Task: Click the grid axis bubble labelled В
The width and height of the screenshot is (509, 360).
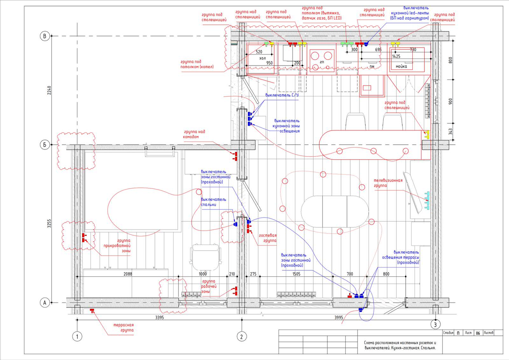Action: pyautogui.click(x=45, y=36)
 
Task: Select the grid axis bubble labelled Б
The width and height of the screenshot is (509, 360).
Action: pyautogui.click(x=45, y=144)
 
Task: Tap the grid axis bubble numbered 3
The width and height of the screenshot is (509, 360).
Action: pyautogui.click(x=435, y=325)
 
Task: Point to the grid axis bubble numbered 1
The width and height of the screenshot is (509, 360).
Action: pyautogui.click(x=77, y=336)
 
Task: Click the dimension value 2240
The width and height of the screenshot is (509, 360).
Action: pyautogui.click(x=49, y=90)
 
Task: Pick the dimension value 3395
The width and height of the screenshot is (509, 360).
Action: pyautogui.click(x=159, y=317)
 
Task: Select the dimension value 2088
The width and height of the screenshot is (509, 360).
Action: pyautogui.click(x=128, y=274)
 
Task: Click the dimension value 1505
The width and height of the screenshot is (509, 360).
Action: pyautogui.click(x=296, y=274)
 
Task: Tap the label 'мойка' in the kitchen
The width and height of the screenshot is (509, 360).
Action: pyautogui.click(x=401, y=66)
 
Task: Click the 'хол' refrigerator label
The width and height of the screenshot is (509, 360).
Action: pyautogui.click(x=262, y=58)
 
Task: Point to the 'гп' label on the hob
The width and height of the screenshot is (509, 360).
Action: pyautogui.click(x=322, y=62)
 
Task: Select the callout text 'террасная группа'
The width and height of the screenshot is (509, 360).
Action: pyautogui.click(x=124, y=328)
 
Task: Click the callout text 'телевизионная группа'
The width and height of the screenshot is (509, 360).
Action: pyautogui.click(x=388, y=183)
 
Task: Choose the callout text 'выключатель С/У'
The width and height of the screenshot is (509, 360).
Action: pyautogui.click(x=282, y=95)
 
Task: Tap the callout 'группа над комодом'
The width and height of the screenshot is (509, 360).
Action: pyautogui.click(x=194, y=134)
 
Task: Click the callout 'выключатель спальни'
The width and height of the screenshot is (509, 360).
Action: pyautogui.click(x=213, y=202)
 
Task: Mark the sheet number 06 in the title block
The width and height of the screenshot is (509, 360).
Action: pyautogui.click(x=478, y=333)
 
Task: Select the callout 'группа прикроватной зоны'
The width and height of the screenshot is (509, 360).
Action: pyautogui.click(x=117, y=246)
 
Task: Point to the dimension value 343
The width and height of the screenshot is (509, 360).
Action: pyautogui.click(x=450, y=132)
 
